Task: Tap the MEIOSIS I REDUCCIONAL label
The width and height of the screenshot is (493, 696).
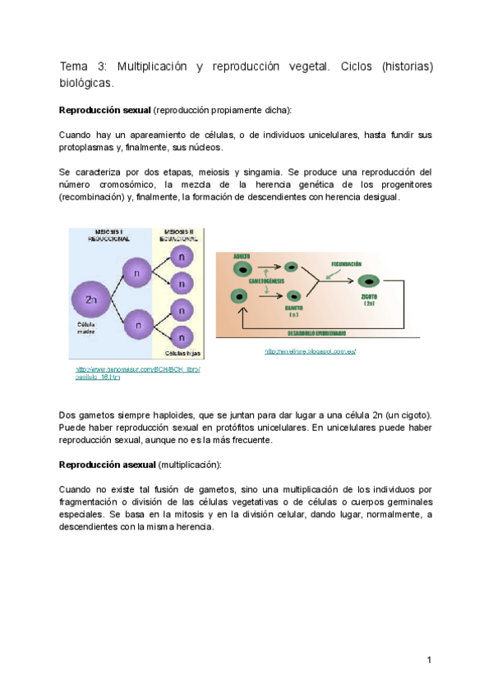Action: coord(106,236)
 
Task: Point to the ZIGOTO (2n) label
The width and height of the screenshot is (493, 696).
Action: coord(370,299)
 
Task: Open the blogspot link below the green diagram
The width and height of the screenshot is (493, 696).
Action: coord(310,350)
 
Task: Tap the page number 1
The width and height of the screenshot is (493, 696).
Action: coord(429,660)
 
